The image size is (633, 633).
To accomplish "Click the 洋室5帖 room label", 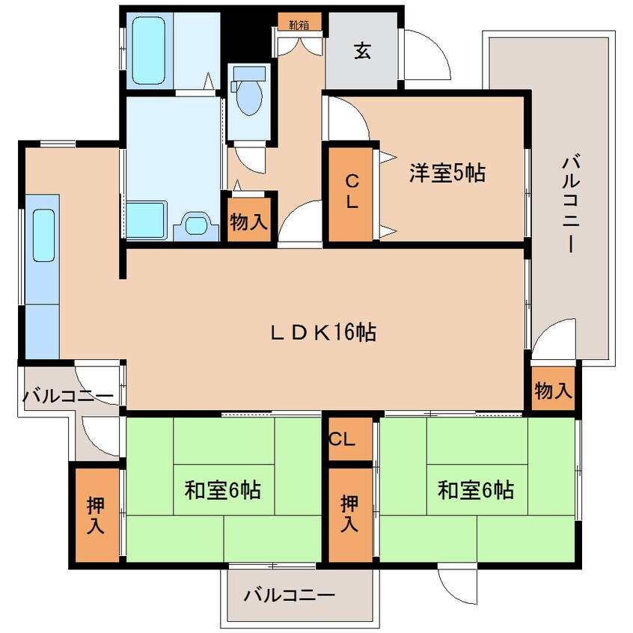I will (447, 173).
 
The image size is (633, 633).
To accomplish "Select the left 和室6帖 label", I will (222, 491).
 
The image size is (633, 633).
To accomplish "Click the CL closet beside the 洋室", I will (351, 192).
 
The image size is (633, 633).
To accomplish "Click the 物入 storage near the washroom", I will (249, 222).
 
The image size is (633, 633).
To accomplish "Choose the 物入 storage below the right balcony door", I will (553, 389).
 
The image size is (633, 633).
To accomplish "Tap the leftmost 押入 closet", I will (95, 515).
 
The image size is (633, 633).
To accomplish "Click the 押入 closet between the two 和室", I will (349, 515).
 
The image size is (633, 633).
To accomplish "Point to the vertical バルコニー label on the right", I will (571, 203).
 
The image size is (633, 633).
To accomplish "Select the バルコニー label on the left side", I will (67, 396).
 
